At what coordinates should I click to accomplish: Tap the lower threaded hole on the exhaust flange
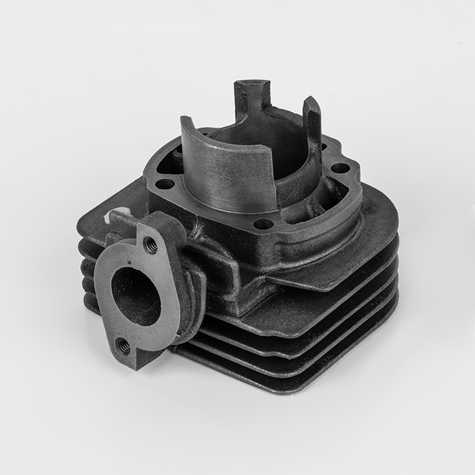click(x=124, y=343)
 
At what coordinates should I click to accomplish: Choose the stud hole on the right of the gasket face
click(x=340, y=167)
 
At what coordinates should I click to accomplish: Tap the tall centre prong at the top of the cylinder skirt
click(x=248, y=96)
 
